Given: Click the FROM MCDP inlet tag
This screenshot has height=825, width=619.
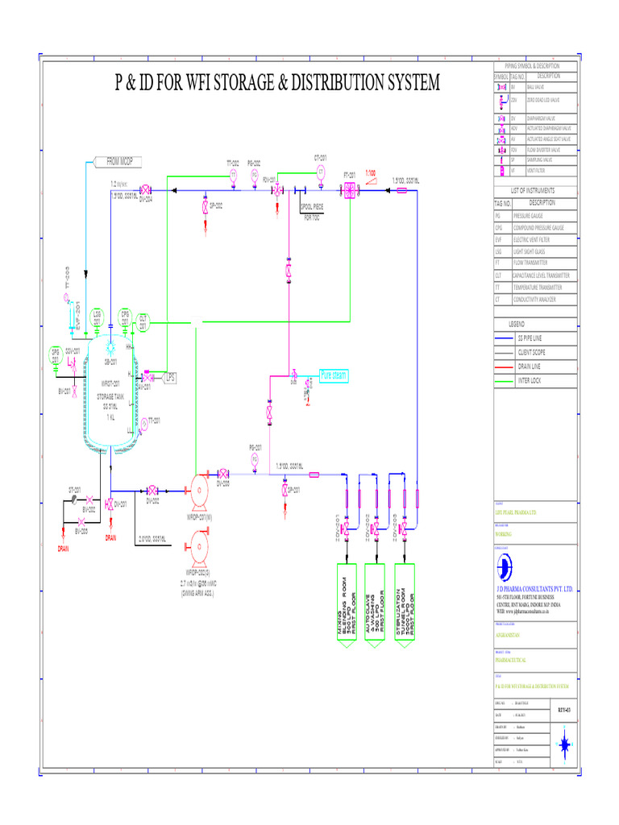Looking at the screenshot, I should pos(116,161).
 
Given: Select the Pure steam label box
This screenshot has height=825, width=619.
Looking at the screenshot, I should pos(332,375).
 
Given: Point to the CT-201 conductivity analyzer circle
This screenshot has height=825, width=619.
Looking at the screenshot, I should pos(320,172).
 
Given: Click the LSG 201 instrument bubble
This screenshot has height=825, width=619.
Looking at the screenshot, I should pos(97,317).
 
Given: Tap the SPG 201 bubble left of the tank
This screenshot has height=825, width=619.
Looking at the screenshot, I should pos(56,354).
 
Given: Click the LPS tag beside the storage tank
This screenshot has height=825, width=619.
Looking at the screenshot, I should pos(170,376).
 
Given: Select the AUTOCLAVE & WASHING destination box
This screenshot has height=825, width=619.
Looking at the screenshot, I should pos(376,603).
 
